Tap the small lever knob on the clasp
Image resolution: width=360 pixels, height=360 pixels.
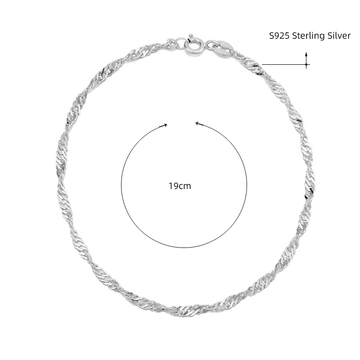190,36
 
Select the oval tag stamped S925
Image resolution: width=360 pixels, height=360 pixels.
222,48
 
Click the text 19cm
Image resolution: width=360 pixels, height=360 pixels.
180,186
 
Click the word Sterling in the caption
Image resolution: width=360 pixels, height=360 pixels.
307,36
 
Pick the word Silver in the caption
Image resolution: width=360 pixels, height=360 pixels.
337,36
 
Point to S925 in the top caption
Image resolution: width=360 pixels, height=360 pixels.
279,36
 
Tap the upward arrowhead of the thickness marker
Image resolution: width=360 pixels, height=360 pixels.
306,54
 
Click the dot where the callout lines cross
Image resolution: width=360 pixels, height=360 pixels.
306,65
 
